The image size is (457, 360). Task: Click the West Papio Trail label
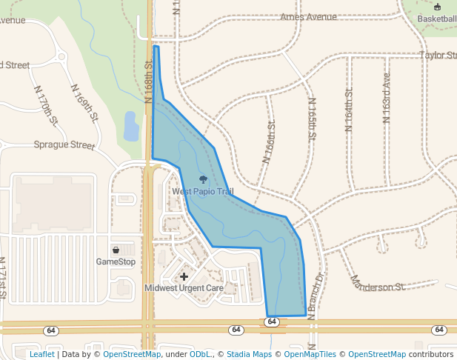click(203, 192)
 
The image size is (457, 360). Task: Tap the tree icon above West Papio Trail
click(203, 180)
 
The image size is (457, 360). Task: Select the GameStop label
click(116, 261)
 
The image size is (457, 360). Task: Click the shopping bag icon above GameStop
click(116, 250)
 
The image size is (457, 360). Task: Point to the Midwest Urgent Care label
click(184, 288)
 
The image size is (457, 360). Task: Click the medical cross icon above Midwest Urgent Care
click(184, 276)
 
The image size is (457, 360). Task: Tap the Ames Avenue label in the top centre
click(308, 17)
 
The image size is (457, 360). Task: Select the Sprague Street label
click(64, 145)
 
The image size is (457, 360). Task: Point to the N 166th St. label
click(269, 142)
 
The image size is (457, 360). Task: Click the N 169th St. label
click(85, 102)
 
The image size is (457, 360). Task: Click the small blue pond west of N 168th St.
click(131, 126)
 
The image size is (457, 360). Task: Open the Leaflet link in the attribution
click(41, 354)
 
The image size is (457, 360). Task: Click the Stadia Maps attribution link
click(249, 354)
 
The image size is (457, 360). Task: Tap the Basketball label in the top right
click(436, 18)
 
